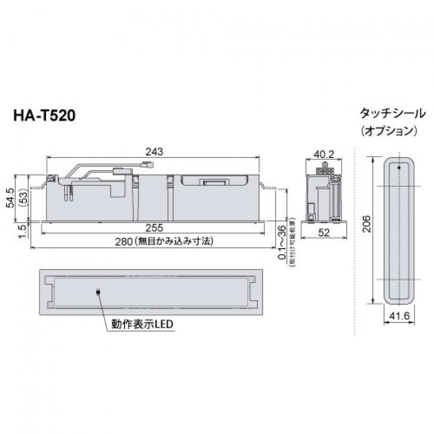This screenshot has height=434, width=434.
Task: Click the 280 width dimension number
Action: click(x=126, y=242)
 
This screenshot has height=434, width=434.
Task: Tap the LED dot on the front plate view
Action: click(x=98, y=291)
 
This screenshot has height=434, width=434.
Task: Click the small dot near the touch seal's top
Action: click(x=399, y=167)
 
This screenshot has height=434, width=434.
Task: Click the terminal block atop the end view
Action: click(x=325, y=170)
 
